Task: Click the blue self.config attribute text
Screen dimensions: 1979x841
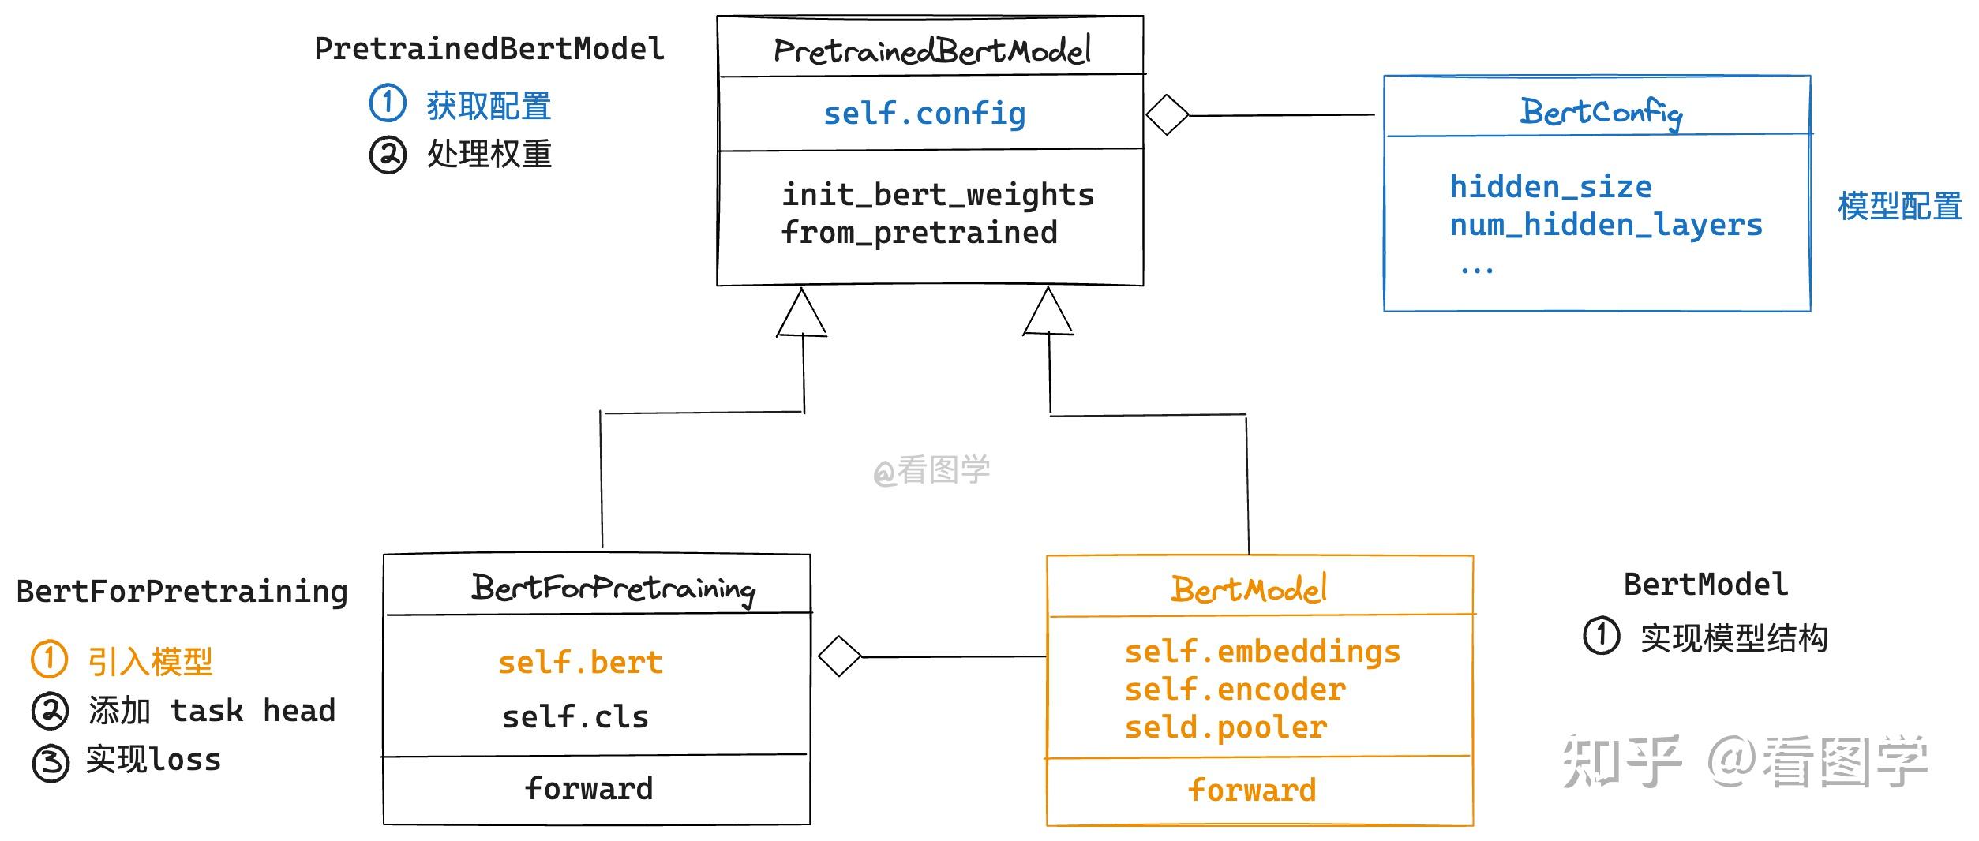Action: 924,114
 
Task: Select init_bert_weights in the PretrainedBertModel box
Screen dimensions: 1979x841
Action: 938,195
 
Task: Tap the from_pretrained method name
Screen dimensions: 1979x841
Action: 919,233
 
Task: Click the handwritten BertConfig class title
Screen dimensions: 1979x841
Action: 1601,113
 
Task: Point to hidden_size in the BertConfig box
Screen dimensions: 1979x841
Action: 1550,187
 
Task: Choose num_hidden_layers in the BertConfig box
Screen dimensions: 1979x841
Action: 1606,226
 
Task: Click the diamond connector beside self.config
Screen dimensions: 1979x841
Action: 1167,115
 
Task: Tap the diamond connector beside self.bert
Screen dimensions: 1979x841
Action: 839,656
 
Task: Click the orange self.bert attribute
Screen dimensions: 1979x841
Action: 580,663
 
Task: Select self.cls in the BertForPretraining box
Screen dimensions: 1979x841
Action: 575,717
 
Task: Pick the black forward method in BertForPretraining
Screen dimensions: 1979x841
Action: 589,788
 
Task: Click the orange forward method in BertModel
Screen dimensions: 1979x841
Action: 1252,790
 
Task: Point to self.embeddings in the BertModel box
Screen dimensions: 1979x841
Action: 1262,652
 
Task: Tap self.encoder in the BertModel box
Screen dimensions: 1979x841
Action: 1235,690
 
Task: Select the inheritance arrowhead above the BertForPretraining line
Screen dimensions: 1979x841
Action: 801,313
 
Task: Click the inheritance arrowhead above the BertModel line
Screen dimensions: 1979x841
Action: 1048,312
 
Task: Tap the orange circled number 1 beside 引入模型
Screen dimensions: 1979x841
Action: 49,660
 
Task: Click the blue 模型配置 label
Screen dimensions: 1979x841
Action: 1899,207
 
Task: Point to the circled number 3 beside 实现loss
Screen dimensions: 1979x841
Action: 51,763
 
